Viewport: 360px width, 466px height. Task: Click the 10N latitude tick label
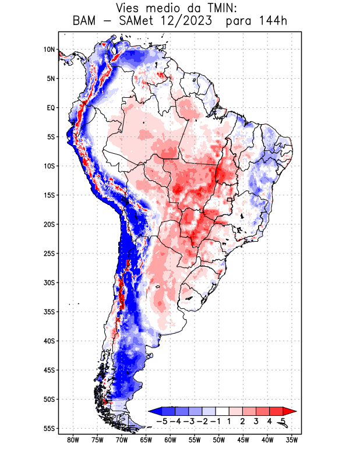(x=48, y=50)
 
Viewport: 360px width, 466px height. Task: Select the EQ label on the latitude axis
(x=50, y=108)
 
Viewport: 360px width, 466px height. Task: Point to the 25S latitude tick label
(x=48, y=253)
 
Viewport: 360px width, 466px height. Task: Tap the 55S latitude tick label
(x=48, y=429)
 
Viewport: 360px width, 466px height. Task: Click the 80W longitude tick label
(x=73, y=440)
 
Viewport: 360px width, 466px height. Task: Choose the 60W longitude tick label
(x=170, y=440)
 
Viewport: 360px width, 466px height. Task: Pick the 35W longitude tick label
(x=292, y=440)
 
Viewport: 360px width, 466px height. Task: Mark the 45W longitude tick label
(x=243, y=440)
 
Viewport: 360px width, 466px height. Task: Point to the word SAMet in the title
(x=143, y=22)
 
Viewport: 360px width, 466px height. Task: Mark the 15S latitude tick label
(x=48, y=195)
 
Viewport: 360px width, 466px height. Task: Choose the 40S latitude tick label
(x=48, y=341)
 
